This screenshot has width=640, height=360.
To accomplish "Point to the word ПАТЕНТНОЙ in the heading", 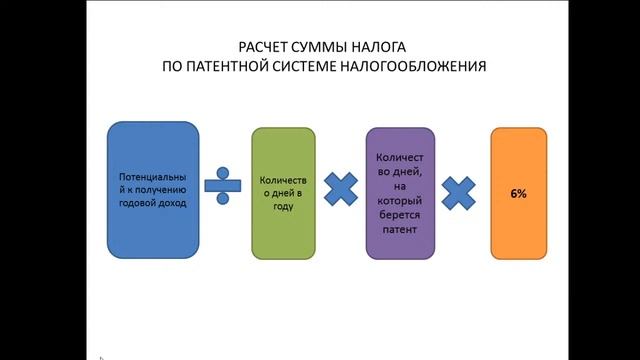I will coord(228,67).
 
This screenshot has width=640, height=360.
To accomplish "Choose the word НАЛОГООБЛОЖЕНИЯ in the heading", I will coord(409,67).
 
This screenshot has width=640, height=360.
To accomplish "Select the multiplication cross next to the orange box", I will coord(458,191).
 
